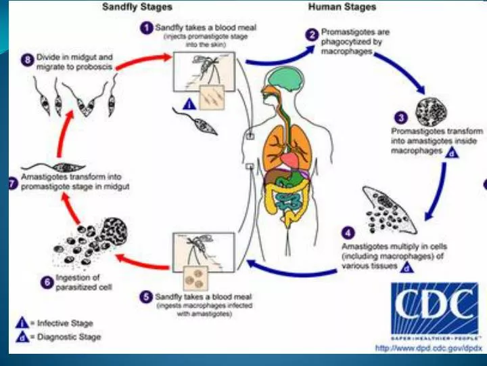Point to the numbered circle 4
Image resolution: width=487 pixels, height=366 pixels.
(x=348, y=231)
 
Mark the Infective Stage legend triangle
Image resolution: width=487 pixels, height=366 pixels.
(x=22, y=323)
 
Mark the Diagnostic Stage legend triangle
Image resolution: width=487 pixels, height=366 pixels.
(x=22, y=336)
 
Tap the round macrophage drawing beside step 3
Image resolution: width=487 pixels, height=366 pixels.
(x=430, y=112)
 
